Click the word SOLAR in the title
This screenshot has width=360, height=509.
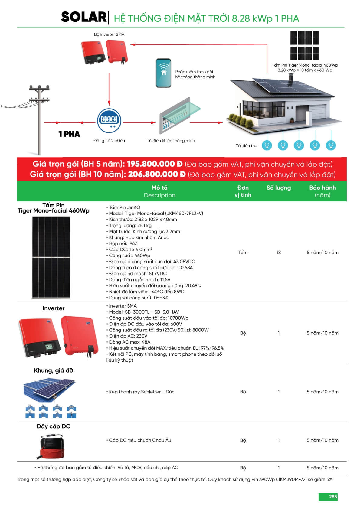tap(83, 17)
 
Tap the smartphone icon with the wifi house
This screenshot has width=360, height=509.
tap(163, 73)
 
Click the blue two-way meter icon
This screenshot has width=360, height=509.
tap(109, 120)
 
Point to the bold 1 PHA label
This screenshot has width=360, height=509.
tap(69, 134)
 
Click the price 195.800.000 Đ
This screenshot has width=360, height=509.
tap(155, 164)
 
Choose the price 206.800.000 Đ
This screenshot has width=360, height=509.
tap(156, 175)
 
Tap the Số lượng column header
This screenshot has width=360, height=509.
tap(278, 188)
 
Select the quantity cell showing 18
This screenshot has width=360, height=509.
tap(279, 253)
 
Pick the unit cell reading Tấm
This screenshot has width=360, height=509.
tap(243, 253)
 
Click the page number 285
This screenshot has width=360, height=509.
tap(333, 497)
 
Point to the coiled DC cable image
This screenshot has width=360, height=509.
tap(53, 446)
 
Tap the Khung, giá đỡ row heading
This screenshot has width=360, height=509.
tap(54, 370)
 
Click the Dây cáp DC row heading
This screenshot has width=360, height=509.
tap(54, 426)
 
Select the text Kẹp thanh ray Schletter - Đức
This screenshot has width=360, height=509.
tap(141, 392)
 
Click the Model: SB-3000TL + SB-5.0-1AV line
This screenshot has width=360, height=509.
tap(144, 312)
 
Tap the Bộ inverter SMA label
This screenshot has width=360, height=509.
tap(109, 34)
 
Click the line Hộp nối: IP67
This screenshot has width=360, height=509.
tap(123, 243)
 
